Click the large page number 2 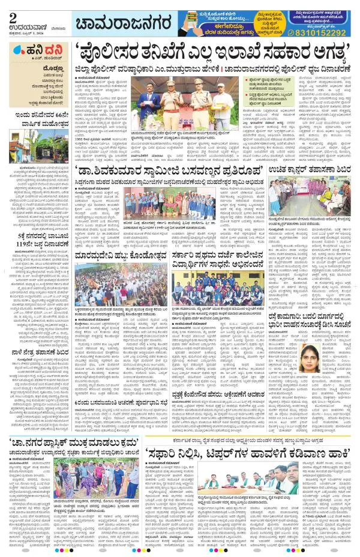[x=11, y=11]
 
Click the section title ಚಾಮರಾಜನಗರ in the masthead [x=116, y=23]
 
